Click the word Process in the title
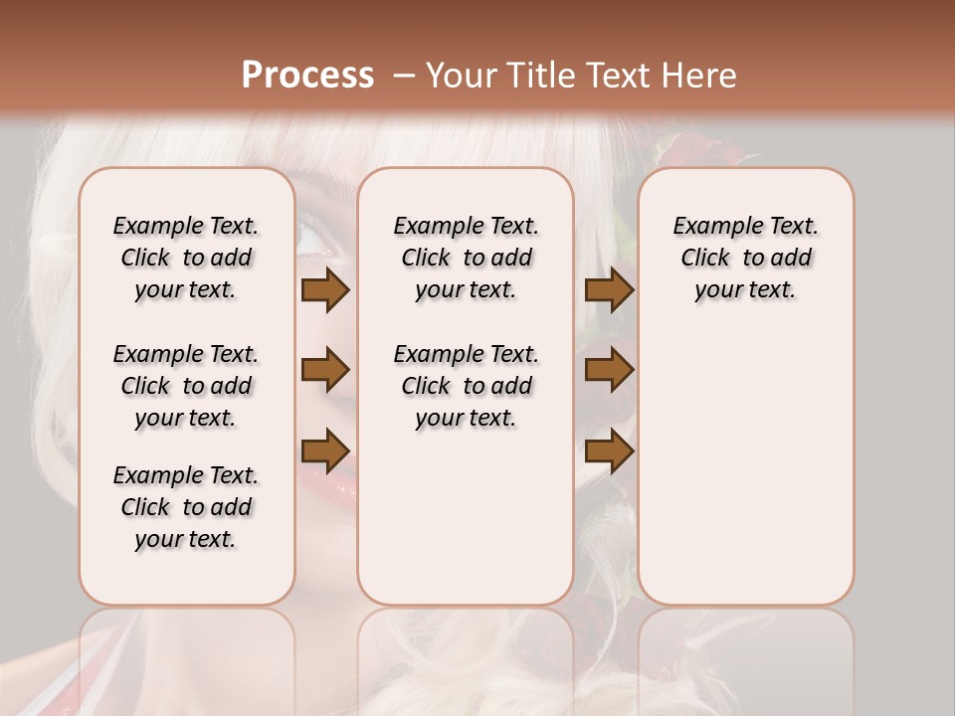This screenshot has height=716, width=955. (x=307, y=75)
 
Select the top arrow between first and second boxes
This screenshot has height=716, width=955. (x=325, y=290)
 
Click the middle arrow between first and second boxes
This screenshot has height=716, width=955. (x=325, y=370)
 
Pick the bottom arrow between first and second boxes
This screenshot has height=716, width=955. (x=325, y=449)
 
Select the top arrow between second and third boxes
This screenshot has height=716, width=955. (x=609, y=290)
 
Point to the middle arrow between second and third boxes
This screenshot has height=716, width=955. (x=609, y=370)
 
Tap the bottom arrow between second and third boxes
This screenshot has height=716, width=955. (x=609, y=450)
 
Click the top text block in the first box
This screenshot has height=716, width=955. (x=186, y=258)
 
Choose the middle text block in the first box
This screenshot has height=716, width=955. (x=186, y=386)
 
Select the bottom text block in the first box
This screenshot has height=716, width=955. (x=186, y=507)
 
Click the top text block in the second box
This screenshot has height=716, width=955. (x=467, y=258)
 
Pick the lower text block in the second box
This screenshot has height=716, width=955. (x=467, y=386)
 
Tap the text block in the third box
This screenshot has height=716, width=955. (x=746, y=258)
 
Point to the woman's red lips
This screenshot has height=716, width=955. (x=333, y=485)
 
